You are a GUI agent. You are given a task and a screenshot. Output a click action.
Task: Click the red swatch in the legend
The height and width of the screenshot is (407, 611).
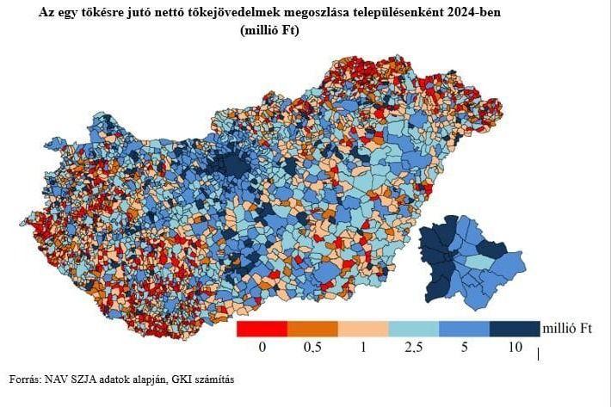[262, 328]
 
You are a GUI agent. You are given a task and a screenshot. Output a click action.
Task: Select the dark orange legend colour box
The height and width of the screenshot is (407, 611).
[312, 328]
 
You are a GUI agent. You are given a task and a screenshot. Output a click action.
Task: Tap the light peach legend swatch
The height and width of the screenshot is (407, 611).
[363, 328]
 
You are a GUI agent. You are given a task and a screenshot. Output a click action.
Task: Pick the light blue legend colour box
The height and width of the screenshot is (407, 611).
[413, 328]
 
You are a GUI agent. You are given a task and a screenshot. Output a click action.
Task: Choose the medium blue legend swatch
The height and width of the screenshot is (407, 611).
[464, 328]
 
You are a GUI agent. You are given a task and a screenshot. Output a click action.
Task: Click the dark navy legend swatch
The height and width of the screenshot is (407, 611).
[514, 328]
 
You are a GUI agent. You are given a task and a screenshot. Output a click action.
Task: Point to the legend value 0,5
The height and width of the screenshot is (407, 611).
[313, 347]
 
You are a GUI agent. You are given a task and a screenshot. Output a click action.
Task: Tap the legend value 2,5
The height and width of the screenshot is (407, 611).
[414, 347]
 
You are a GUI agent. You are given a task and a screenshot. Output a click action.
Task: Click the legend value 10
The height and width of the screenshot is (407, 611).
[515, 347]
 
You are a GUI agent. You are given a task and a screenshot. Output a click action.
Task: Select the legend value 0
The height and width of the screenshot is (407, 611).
[262, 347]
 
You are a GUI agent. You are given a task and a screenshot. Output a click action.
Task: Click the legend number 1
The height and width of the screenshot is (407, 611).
[364, 347]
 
